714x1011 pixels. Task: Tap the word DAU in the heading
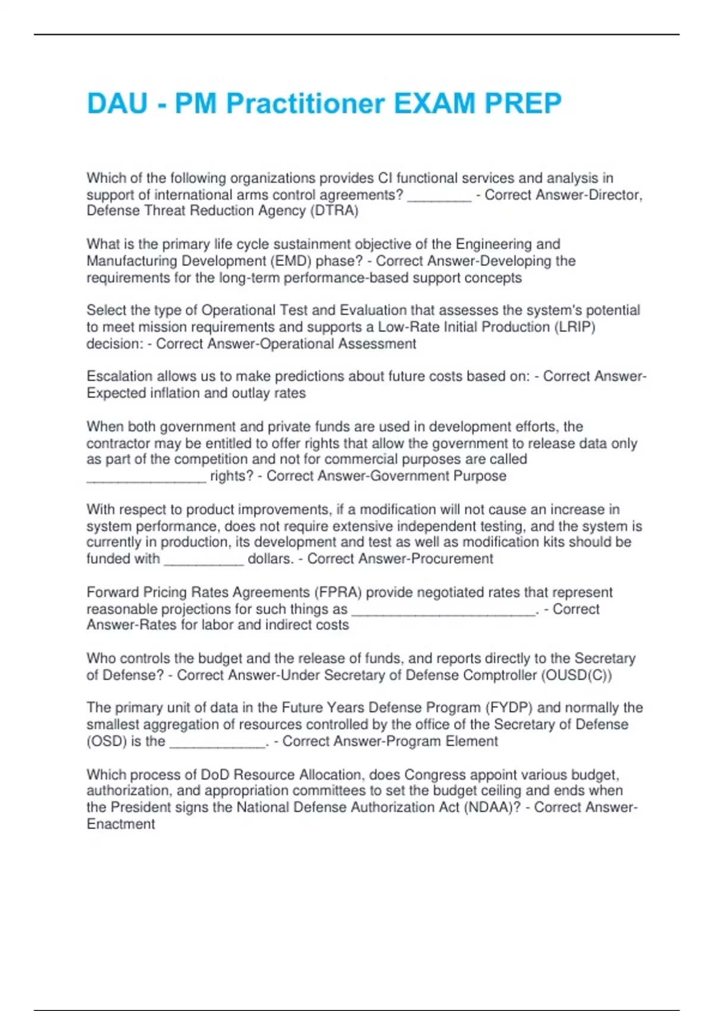[x=117, y=104]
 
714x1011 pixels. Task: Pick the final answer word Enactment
[x=121, y=824]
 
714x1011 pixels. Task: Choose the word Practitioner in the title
[x=305, y=104]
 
